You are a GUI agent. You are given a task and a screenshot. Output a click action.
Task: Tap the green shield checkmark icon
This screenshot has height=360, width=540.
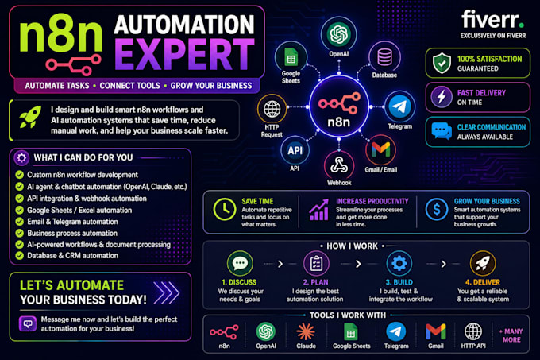click(442, 63)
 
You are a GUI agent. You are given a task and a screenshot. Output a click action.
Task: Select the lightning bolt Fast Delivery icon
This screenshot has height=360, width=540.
click(442, 97)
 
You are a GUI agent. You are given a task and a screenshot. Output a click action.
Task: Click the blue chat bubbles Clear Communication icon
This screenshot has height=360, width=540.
click(442, 131)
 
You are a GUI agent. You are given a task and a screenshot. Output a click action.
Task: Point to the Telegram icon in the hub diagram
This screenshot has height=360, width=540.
click(399, 106)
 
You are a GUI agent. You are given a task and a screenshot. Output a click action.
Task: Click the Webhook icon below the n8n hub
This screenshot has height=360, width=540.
click(339, 165)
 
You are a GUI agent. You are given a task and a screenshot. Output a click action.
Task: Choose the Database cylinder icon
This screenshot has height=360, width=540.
click(384, 57)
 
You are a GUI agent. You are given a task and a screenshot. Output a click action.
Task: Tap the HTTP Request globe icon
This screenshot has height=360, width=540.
click(272, 109)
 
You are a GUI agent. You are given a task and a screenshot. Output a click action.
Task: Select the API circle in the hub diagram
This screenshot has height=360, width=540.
click(295, 150)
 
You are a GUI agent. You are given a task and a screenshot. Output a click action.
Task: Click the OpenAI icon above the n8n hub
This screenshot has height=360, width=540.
click(339, 33)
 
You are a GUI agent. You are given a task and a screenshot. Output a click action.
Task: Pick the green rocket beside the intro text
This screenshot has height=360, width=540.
click(31, 117)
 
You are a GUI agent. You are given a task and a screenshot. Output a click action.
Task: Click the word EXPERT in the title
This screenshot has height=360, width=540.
click(184, 54)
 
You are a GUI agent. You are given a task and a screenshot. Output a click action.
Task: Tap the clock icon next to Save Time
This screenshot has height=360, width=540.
click(224, 209)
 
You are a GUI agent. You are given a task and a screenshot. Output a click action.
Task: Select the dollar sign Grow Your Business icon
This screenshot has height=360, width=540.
click(436, 209)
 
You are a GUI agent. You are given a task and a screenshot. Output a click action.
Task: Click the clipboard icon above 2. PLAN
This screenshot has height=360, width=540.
click(316, 264)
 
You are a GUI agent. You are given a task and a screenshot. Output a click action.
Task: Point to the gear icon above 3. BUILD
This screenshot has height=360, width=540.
click(399, 264)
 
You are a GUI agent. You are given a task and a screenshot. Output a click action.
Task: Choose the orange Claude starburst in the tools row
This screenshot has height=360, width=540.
click(306, 332)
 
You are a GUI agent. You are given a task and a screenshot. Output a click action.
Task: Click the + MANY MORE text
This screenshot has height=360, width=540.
click(511, 335)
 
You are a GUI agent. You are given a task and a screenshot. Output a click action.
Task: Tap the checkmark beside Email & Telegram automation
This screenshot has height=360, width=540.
click(20, 222)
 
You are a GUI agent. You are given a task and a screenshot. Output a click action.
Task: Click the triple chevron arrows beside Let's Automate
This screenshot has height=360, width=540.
click(167, 292)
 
